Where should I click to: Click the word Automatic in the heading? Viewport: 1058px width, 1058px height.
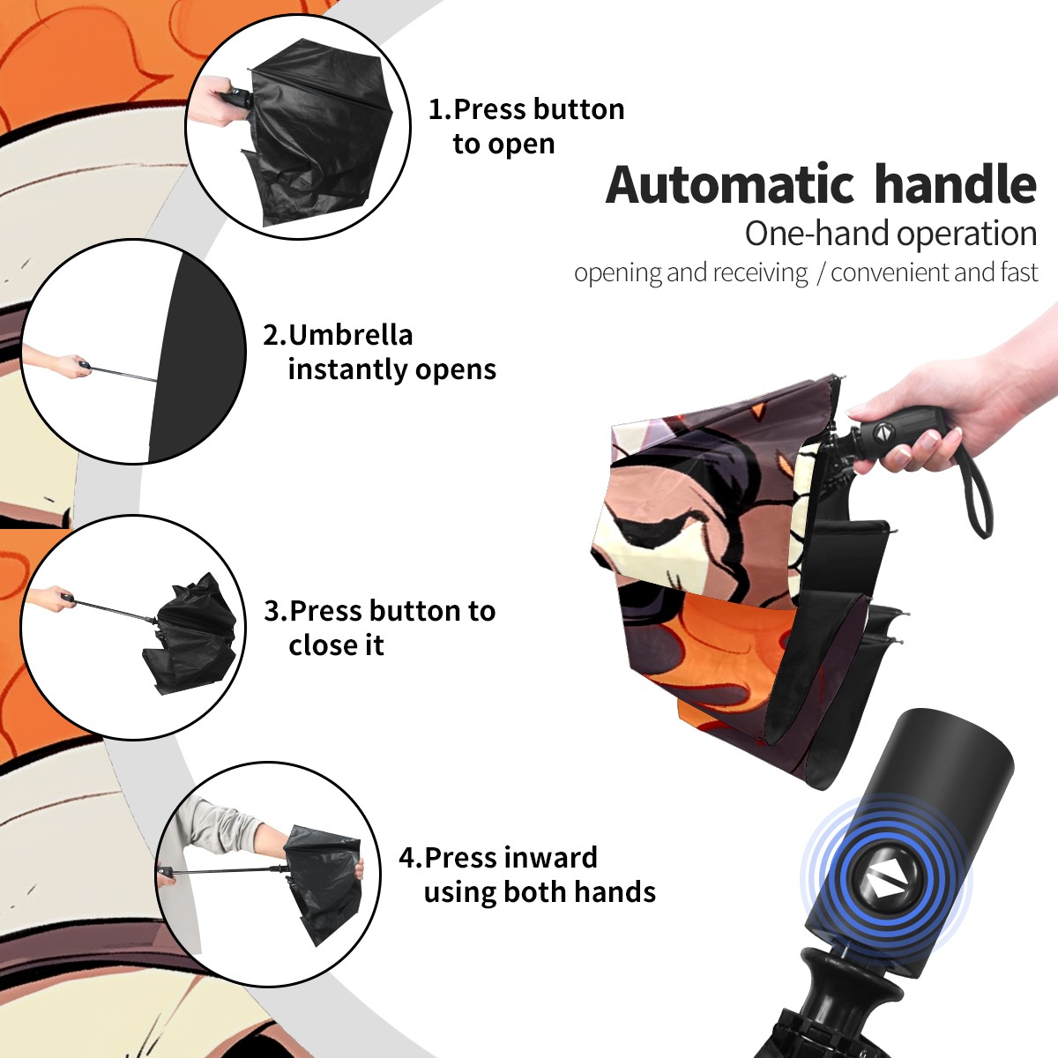tap(730, 185)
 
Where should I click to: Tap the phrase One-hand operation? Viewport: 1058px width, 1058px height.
tap(890, 234)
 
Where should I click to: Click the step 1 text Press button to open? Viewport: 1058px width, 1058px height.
tap(526, 126)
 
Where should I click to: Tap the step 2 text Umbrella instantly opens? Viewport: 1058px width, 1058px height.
tap(379, 352)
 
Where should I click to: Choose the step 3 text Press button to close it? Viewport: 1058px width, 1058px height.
tap(379, 628)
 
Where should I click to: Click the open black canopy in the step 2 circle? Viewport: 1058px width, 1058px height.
tap(197, 357)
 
